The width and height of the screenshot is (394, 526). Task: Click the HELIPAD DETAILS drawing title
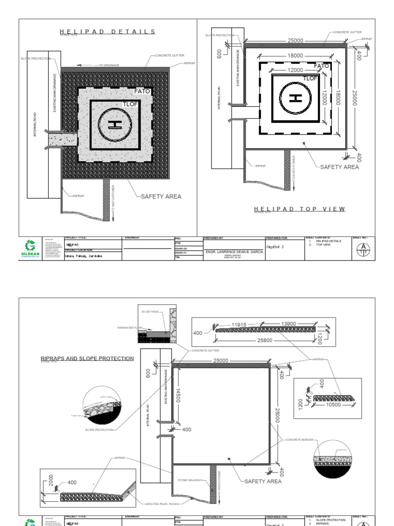point(108,31)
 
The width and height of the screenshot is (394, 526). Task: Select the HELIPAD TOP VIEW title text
point(300,209)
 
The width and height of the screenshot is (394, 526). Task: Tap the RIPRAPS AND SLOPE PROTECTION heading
point(87,359)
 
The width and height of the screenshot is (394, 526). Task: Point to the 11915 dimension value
point(240,325)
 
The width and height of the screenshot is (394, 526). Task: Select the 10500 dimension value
point(333,405)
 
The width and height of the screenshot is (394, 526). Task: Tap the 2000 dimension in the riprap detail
point(50,480)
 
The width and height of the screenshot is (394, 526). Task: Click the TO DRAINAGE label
point(109,65)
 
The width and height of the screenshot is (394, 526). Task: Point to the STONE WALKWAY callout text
point(189,481)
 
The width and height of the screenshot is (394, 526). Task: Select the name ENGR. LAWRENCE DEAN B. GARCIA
point(234,252)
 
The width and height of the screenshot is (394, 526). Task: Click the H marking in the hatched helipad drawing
point(114,125)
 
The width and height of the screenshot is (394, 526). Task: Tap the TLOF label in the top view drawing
point(310,78)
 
